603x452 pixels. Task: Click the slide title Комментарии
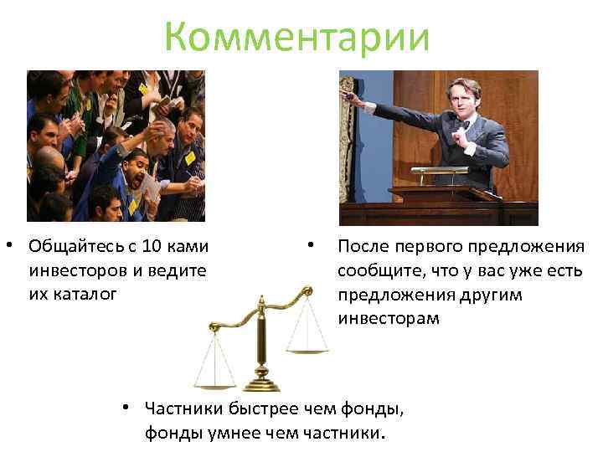[296, 38]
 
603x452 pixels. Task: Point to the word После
[364, 247]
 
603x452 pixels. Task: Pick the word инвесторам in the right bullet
[388, 318]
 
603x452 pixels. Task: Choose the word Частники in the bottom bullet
[183, 408]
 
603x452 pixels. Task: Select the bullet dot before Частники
[123, 408]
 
